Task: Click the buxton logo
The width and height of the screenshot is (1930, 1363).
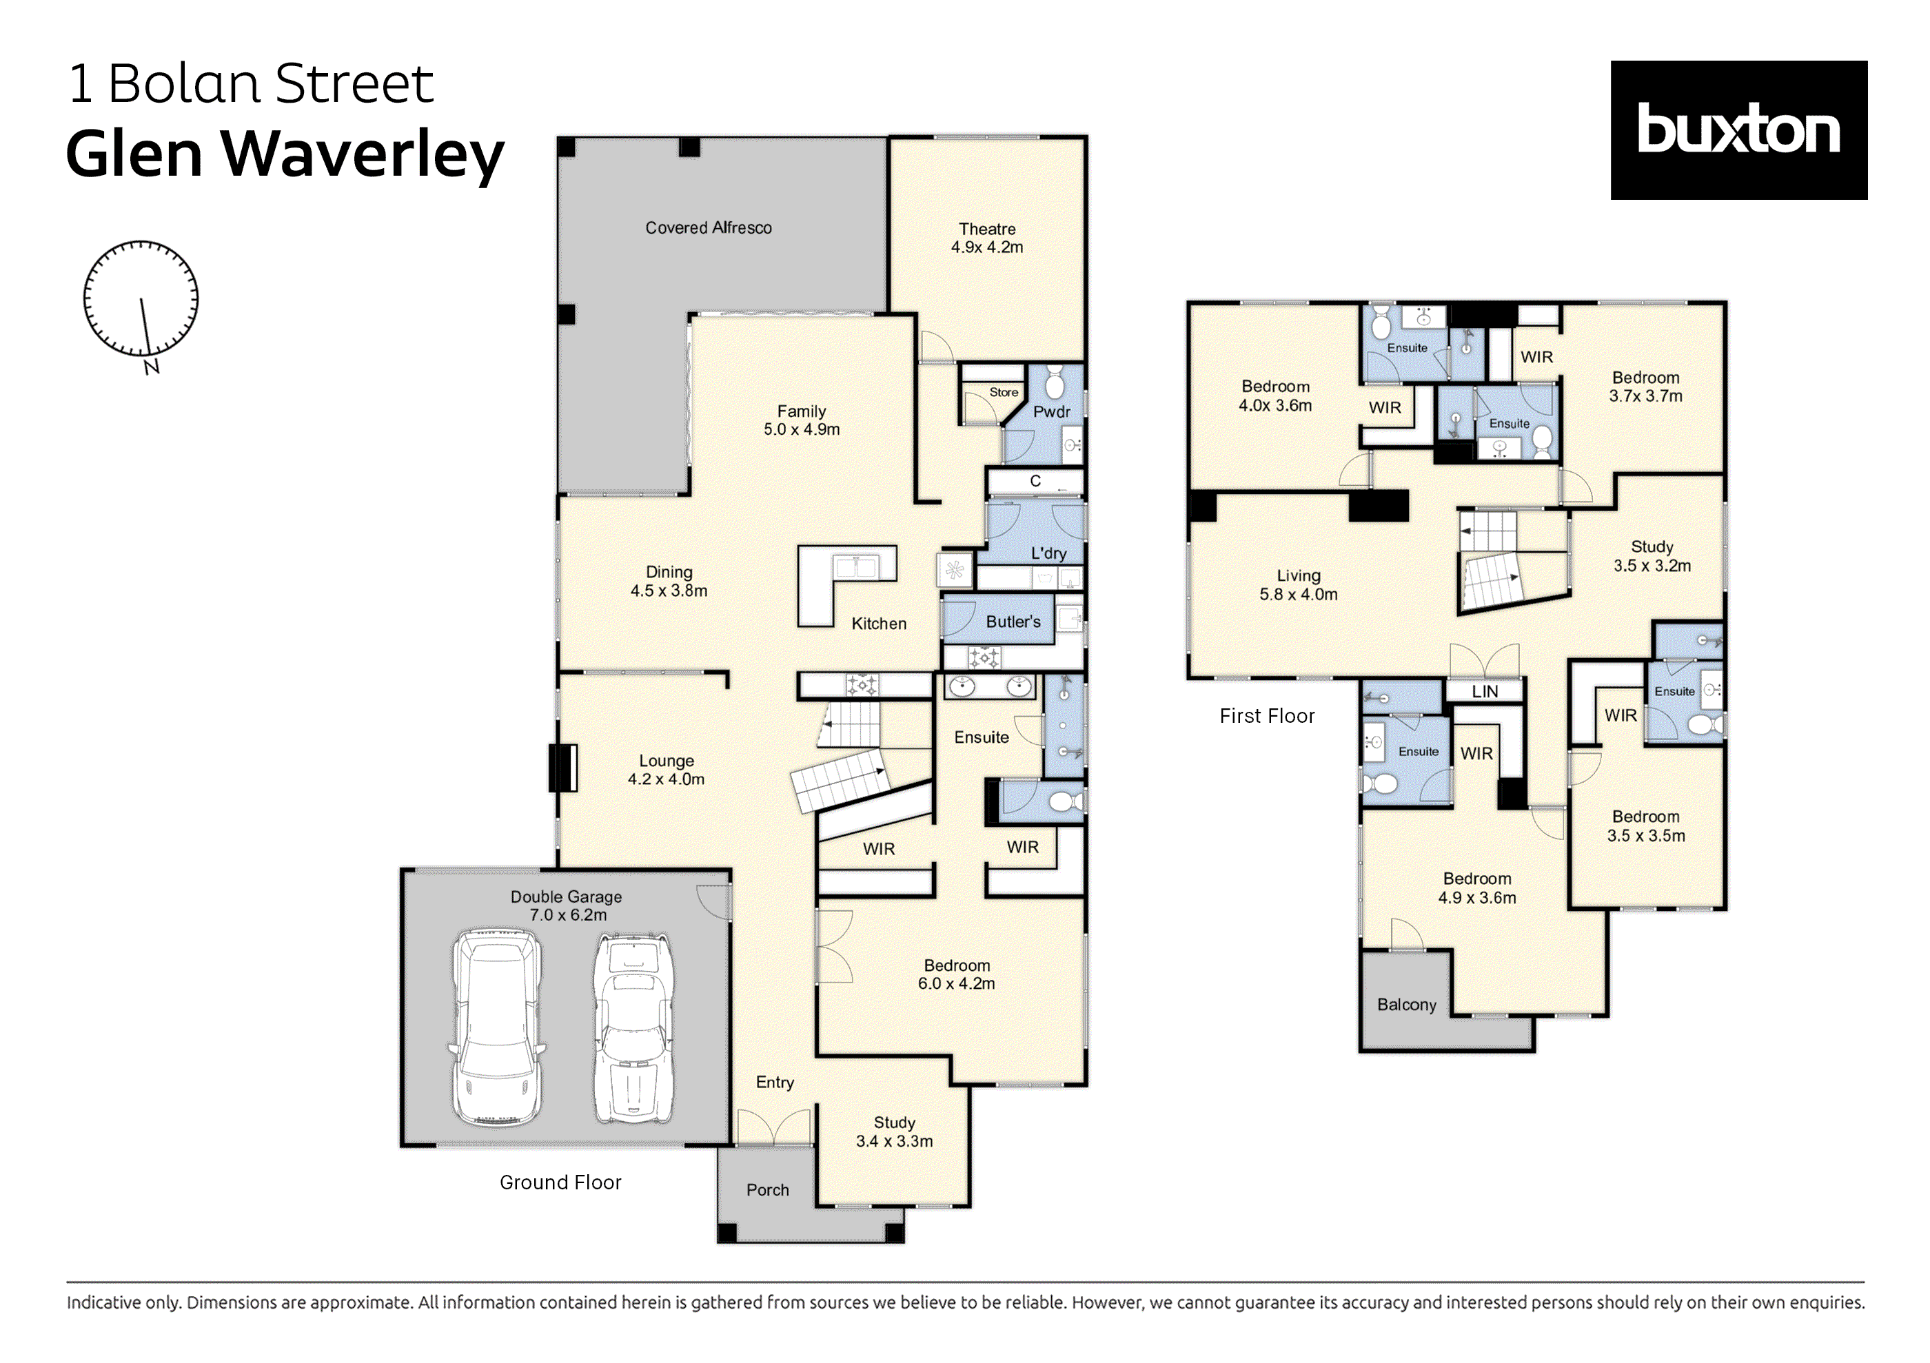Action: coord(1738,130)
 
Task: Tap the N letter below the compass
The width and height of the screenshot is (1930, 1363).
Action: coord(152,367)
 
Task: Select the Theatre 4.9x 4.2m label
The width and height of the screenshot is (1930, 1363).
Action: coord(987,238)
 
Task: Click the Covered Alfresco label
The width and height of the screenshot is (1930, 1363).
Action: coord(708,227)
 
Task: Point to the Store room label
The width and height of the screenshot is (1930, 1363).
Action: coord(1003,392)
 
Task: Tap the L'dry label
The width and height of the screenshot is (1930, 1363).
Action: coord(1048,553)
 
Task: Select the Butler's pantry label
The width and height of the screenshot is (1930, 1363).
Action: coord(1013,622)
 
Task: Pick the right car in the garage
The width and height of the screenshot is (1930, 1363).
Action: coord(632,1027)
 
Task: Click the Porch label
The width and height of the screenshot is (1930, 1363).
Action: coord(767,1190)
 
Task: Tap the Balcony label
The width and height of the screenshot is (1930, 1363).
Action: coord(1406,1005)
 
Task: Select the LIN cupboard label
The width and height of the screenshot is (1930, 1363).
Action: coord(1485,692)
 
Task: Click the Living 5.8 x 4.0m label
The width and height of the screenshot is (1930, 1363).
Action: coord(1298,585)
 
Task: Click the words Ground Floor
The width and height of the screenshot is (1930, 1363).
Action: coord(560,1182)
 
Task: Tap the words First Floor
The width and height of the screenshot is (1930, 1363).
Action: coord(1267,716)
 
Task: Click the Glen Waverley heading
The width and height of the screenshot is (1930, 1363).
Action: coord(285,154)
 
